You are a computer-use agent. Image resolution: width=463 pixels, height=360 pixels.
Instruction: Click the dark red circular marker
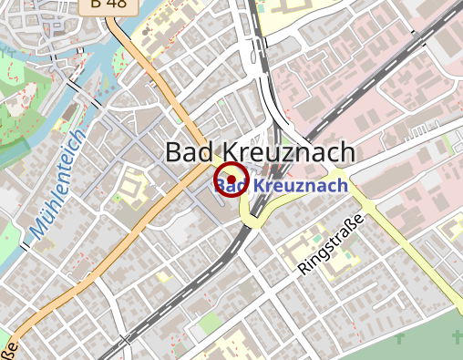[x=231, y=180]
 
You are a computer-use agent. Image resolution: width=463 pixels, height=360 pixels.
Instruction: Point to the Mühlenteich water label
[x=57, y=185]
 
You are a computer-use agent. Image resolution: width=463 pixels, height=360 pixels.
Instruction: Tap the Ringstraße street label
[x=330, y=243]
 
